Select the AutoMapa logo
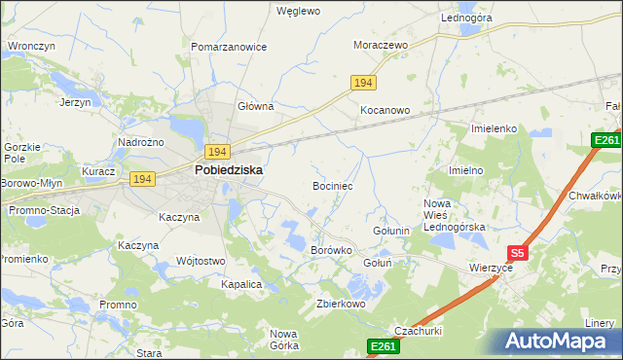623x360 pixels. click(556, 341)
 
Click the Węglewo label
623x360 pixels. click(298, 12)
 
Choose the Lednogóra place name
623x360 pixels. click(466, 18)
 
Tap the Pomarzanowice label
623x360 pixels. click(229, 47)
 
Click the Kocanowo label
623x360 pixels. click(385, 110)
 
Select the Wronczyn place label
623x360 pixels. click(30, 46)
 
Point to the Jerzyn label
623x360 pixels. click(75, 102)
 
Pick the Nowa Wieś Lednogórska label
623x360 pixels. click(454, 215)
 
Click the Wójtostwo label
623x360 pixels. click(201, 261)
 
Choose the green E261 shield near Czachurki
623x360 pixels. click(383, 345)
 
